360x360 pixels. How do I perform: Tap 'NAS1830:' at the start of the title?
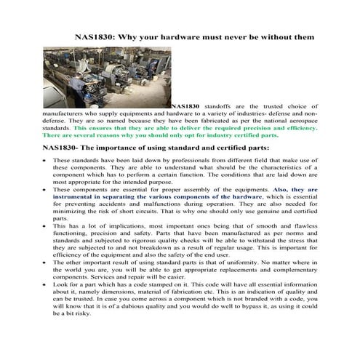pos(100,36)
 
